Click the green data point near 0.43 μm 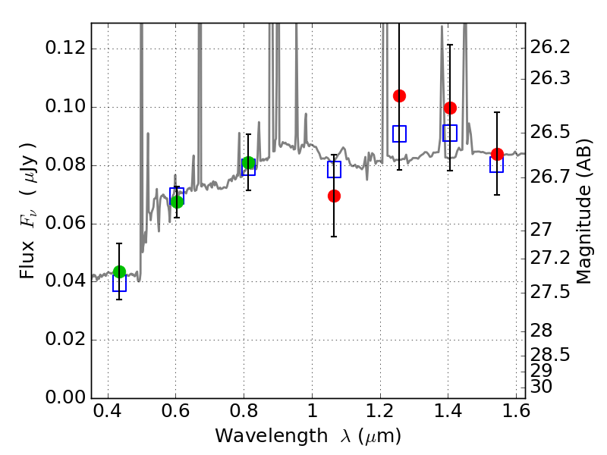click(119, 271)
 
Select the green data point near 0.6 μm click(177, 201)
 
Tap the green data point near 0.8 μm click(248, 163)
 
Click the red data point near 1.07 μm click(334, 196)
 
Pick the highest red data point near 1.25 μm click(399, 96)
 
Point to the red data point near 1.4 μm click(450, 108)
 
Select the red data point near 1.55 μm click(497, 154)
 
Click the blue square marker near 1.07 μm click(334, 169)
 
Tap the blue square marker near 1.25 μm click(399, 133)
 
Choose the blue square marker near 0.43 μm click(119, 284)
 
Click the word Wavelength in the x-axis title click(257, 436)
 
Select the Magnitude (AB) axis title click(583, 211)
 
